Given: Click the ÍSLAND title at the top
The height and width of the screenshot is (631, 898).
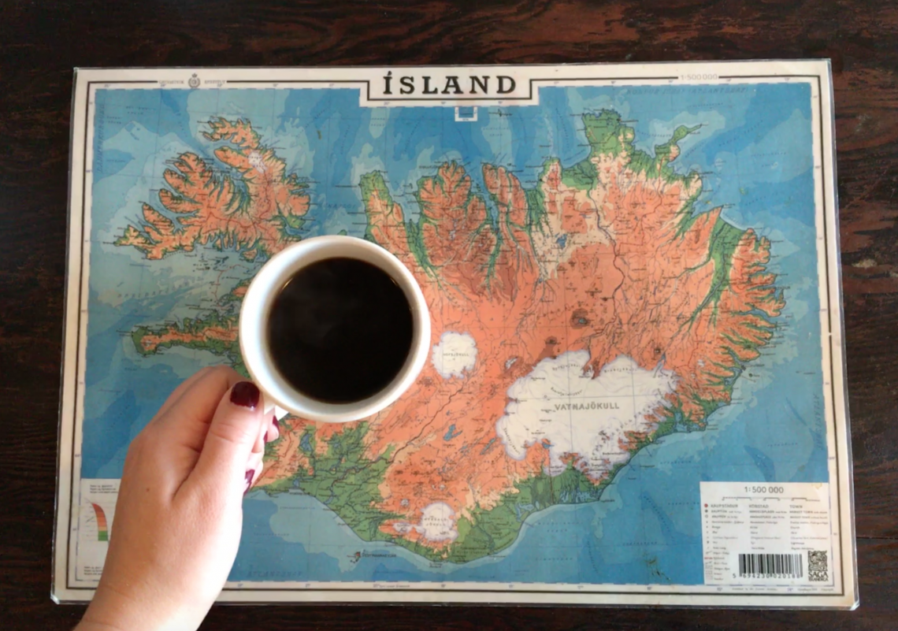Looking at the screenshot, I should click(449, 84).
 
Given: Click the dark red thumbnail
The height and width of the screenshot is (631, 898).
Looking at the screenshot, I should click(245, 394).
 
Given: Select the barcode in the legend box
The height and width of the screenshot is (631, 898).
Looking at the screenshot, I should click(770, 565).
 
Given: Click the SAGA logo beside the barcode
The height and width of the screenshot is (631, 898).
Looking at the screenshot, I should click(817, 565).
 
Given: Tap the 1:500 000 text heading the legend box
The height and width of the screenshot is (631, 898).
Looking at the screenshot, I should click(763, 489).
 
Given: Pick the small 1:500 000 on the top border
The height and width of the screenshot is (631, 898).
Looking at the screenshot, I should click(698, 78).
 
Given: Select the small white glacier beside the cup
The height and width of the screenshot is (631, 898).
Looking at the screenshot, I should click(455, 353).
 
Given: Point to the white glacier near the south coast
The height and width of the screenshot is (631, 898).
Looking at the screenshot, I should click(437, 520).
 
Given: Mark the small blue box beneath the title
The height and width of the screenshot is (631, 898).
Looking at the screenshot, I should click(466, 113).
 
